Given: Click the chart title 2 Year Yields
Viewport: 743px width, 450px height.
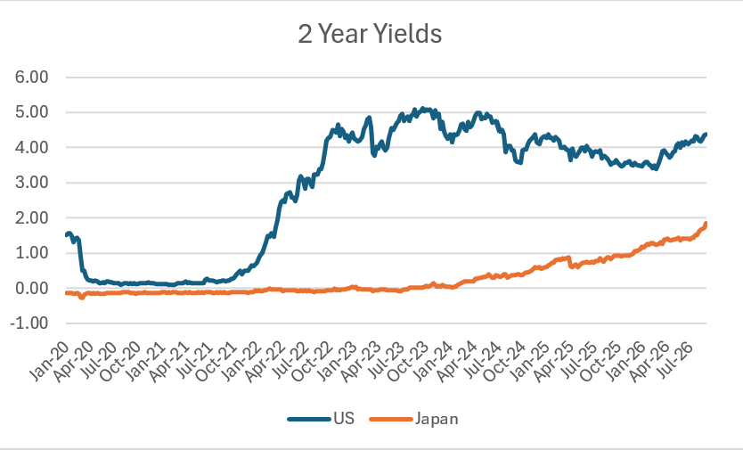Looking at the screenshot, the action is click(370, 34).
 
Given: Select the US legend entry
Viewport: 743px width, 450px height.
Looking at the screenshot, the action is click(321, 419).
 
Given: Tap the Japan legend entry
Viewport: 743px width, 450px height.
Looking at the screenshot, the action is click(413, 419).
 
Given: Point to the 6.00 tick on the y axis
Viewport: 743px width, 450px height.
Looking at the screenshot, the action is click(32, 77).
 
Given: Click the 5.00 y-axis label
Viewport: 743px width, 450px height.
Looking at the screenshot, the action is click(32, 112).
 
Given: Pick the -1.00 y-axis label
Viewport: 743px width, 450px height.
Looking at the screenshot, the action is click(29, 323).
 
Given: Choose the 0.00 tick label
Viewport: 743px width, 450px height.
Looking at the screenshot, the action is click(32, 288).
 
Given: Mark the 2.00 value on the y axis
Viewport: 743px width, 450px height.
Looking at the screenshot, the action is click(32, 217).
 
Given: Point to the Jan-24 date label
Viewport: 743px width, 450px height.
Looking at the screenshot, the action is click(432, 361).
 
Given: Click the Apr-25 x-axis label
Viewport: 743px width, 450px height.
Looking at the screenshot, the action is click(554, 361).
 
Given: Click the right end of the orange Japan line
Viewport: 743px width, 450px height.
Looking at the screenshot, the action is click(706, 224).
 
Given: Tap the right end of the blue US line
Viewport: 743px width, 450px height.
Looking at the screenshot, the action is click(706, 135).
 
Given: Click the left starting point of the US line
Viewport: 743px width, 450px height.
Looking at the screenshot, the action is click(66, 235).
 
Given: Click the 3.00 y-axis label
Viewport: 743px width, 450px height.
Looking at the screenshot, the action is click(32, 183).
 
